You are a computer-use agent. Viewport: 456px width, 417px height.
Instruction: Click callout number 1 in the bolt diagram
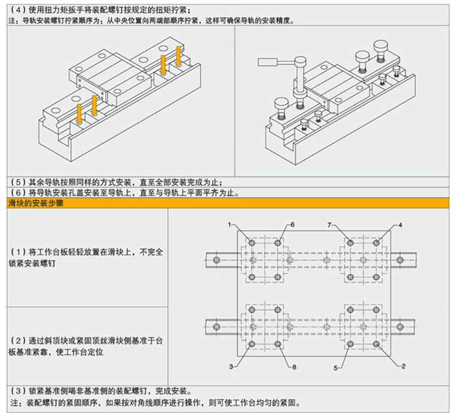point(230,224)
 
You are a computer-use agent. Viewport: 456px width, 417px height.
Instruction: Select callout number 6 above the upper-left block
point(292,224)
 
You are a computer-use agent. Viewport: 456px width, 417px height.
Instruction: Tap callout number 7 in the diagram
point(329,224)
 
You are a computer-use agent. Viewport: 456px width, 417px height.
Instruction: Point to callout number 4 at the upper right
point(400,224)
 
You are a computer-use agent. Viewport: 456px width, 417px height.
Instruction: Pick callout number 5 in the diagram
point(335,368)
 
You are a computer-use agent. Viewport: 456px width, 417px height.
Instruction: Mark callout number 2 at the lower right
point(403,366)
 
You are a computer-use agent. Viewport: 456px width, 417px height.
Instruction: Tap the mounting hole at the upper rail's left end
point(217,260)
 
